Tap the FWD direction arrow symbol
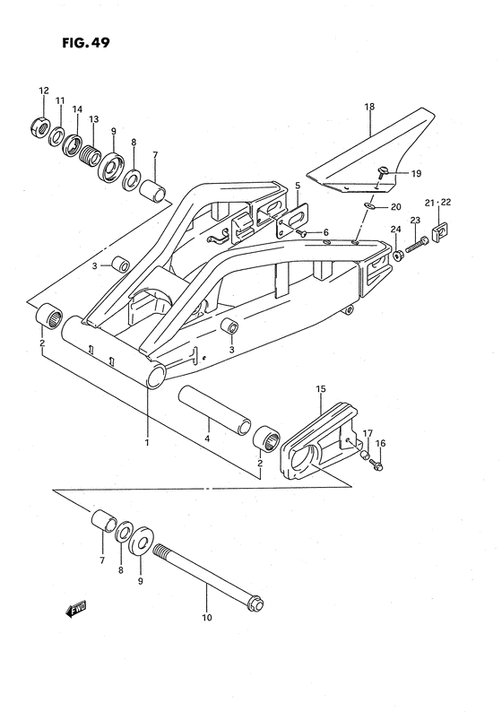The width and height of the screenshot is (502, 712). point(76,610)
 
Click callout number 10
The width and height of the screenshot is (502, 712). point(208,617)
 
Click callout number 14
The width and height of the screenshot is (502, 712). point(77,109)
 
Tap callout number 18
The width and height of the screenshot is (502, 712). point(368,107)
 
